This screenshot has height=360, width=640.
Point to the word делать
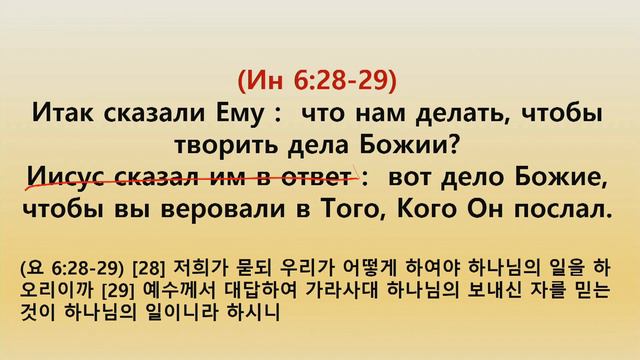[461, 112]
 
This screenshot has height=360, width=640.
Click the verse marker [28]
[122, 269]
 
